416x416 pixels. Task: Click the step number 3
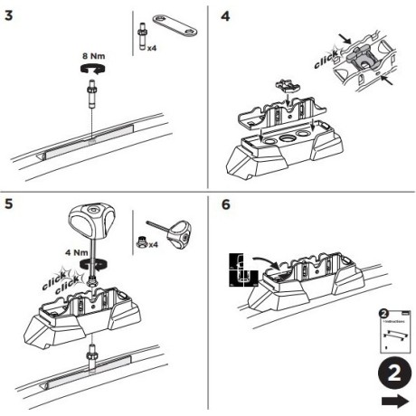pyautogui.click(x=10, y=15)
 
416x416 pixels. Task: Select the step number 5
pyautogui.click(x=10, y=205)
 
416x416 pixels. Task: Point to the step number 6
pyautogui.click(x=227, y=205)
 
